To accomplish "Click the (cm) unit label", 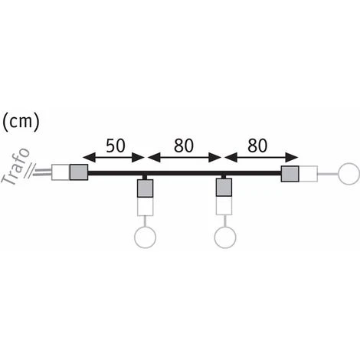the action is coord(21,123).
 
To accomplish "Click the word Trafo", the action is coord(16,165).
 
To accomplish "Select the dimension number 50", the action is coord(116,146).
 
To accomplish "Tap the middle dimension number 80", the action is coord(184,146).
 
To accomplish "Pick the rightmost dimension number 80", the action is coord(257,146).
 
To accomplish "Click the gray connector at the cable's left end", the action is coord(79,172).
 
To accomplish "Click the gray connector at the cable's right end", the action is coord(290,174).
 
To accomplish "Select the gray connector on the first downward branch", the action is coord(146,188).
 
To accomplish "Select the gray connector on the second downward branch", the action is coord(224,188).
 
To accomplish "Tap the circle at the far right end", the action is coord(349,174).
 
